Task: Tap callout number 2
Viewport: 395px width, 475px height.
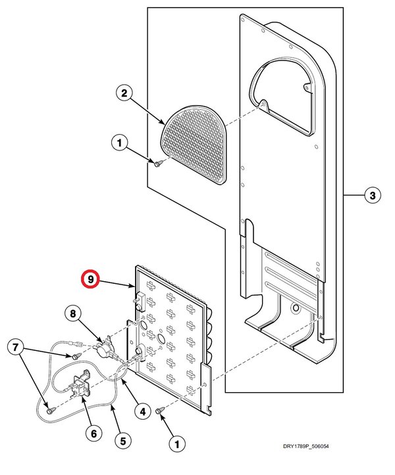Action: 122,93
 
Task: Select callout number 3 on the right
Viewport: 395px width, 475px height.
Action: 372,195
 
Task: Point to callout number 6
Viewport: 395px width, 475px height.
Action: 93,434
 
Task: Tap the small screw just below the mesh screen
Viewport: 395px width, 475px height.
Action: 158,163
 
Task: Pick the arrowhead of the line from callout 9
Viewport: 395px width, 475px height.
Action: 136,287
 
